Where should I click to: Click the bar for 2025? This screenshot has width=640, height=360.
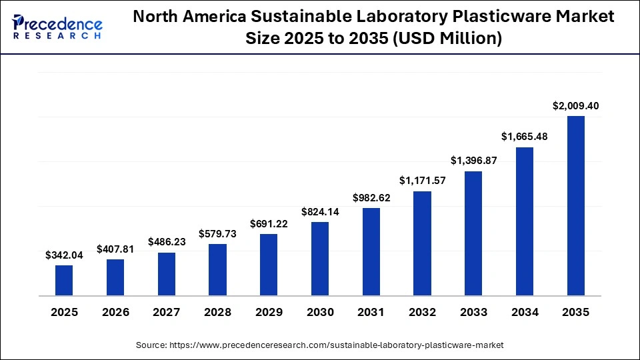pyautogui.click(x=64, y=281)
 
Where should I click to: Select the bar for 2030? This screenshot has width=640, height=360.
pyautogui.click(x=320, y=259)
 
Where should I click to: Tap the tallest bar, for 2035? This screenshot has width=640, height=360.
pyautogui.click(x=576, y=205)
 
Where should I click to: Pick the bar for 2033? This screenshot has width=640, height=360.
pyautogui.click(x=473, y=233)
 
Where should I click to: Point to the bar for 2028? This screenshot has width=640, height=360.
pyautogui.click(x=217, y=270)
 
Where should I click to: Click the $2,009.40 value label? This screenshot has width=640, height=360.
pyautogui.click(x=576, y=105)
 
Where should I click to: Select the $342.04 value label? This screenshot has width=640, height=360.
pyautogui.click(x=64, y=255)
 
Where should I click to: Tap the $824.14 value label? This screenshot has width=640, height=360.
pyautogui.click(x=320, y=211)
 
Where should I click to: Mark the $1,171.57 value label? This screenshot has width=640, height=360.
pyautogui.click(x=422, y=181)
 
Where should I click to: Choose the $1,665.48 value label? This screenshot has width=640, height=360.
pyautogui.click(x=525, y=137)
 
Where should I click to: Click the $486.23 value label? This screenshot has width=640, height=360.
pyautogui.click(x=166, y=242)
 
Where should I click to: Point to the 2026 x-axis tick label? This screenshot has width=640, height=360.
pyautogui.click(x=115, y=312)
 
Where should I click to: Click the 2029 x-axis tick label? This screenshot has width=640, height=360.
pyautogui.click(x=269, y=312)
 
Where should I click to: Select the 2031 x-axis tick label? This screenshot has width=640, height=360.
pyautogui.click(x=371, y=312)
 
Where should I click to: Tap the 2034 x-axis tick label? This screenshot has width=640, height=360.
pyautogui.click(x=525, y=312)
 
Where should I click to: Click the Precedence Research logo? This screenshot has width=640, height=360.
pyautogui.click(x=57, y=27)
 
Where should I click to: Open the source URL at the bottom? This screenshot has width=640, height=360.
pyautogui.click(x=337, y=345)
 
